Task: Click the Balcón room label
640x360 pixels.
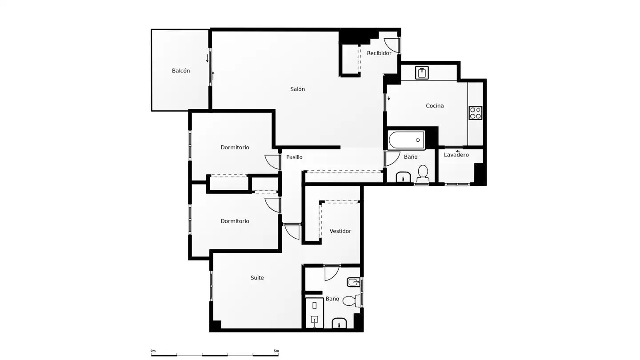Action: pos(180,71)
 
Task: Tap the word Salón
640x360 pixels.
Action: pos(297,89)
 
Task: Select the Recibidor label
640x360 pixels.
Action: pos(379,53)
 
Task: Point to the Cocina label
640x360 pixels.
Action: pos(435,106)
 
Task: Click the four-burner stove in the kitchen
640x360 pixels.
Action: pos(476,113)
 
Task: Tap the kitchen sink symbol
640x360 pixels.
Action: pos(422,73)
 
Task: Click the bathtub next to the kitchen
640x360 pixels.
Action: pos(406,140)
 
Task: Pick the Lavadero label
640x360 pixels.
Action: pos(456,155)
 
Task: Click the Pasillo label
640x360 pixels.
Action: pos(294,157)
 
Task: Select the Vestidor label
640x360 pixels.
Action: pos(340,231)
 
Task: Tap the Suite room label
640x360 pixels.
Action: pos(257,278)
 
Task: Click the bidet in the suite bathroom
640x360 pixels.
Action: pos(353,283)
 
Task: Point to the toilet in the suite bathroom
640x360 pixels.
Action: pos(352,301)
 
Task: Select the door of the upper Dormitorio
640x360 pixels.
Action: pos(272,162)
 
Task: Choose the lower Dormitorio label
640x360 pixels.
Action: pos(235,221)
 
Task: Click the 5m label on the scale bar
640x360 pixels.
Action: pos(276,351)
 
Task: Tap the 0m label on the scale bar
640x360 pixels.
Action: pos(153,351)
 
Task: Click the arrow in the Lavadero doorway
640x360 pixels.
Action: pos(458,151)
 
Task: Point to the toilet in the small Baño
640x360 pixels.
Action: pos(423,173)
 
